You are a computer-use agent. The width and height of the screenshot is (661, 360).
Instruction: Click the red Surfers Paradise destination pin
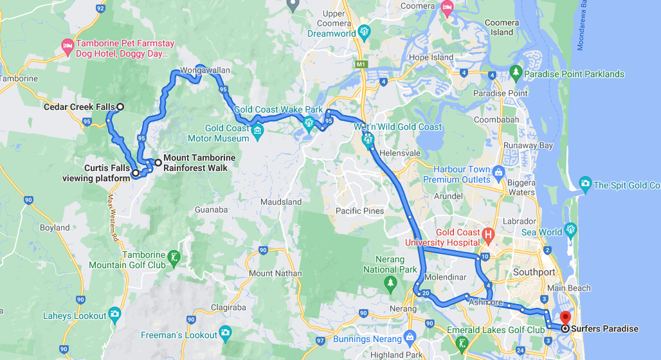(x=565, y=316)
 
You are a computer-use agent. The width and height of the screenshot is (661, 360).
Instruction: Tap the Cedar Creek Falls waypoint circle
(x=120, y=107)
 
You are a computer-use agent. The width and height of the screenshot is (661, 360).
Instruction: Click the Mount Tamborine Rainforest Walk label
(x=199, y=163)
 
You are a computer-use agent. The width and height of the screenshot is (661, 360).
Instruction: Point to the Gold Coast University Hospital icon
(x=488, y=236)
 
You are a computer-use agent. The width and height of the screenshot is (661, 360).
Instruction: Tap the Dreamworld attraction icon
(x=365, y=32)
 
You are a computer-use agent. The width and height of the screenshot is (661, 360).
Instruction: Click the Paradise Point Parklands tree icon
(x=515, y=73)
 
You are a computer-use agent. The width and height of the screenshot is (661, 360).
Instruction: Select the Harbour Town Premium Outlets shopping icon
(x=498, y=170)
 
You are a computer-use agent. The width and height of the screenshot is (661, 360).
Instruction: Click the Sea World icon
(x=570, y=231)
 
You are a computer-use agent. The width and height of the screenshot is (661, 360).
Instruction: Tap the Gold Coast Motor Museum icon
(x=258, y=132)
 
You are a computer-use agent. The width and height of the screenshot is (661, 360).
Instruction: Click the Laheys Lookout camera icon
(x=115, y=314)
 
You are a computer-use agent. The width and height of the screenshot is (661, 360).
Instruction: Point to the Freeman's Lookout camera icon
(x=226, y=332)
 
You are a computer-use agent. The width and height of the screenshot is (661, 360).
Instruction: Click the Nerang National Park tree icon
(x=390, y=283)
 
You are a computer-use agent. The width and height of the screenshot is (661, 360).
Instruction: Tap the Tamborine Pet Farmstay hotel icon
(x=68, y=45)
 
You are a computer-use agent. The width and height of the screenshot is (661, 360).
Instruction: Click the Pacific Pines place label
(x=359, y=211)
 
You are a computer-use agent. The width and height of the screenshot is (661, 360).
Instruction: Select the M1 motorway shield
(x=361, y=64)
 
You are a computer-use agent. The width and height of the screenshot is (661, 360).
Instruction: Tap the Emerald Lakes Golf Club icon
(x=462, y=344)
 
